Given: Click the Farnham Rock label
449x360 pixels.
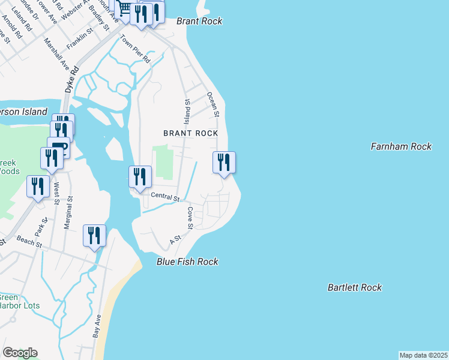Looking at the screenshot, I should tap(401, 146).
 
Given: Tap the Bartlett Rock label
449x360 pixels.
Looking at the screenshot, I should tap(354, 287).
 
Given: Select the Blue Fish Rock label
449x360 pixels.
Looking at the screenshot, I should tap(187, 262).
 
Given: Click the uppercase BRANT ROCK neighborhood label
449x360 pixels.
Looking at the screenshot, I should tap(190, 133).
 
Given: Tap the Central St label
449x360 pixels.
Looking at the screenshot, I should tap(165, 197).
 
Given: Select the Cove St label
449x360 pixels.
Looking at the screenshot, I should tap(190, 218).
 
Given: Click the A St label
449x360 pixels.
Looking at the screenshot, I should tap(175, 240).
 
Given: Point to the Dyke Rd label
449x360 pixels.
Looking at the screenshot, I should tap(71, 79).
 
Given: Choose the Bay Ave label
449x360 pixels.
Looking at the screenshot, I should tap(96, 326).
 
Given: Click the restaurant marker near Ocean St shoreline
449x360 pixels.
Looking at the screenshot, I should tap(224, 163).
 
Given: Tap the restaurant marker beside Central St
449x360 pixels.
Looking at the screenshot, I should tap(140, 177).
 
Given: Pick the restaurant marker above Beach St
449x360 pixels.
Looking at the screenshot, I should tap(94, 236).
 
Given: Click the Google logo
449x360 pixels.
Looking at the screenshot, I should tap(20, 353).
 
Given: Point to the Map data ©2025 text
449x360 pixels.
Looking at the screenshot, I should tap(423, 355).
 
